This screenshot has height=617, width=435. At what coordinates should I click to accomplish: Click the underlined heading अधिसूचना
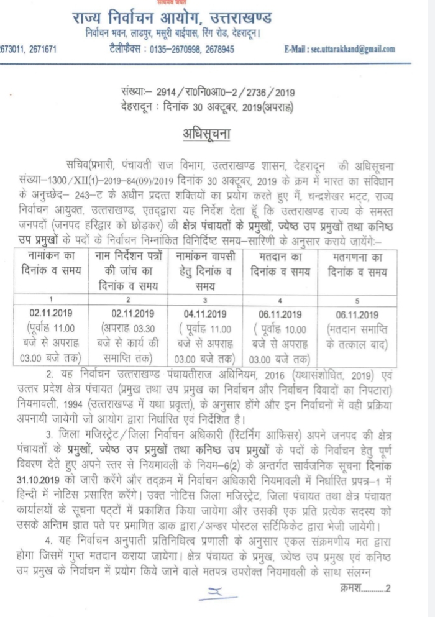pyautogui.click(x=217, y=133)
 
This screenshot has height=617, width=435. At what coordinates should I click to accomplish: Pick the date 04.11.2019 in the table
pyautogui.click(x=203, y=314)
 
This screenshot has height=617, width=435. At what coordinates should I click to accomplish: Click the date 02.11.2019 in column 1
pyautogui.click(x=53, y=314)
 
